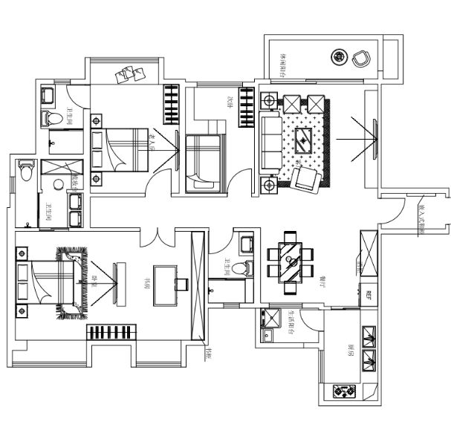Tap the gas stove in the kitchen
tap(345, 390)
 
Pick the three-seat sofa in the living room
tap(270, 142)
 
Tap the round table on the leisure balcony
tap(339, 56)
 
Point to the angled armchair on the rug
tap(305, 178)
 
